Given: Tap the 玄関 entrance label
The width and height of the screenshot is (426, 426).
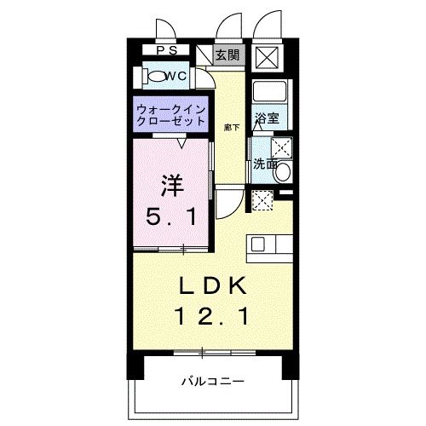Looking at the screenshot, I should click(226, 55).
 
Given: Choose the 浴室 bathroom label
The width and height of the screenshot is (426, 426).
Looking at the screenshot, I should click(268, 118).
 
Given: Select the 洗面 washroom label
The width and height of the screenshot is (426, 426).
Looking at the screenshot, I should click(264, 164).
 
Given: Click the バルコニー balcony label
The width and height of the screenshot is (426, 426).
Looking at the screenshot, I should click(213, 380).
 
